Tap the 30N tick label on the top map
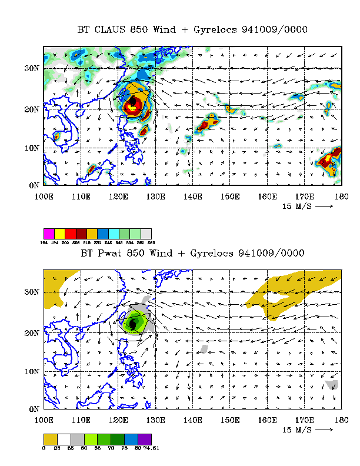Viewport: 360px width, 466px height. pos(31,69)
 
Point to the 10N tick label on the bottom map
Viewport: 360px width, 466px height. pos(31,371)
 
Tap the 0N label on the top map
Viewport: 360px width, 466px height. pos(34,185)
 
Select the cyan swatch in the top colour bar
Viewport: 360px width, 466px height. pos(114,234)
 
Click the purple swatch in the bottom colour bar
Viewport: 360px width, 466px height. pos(146,439)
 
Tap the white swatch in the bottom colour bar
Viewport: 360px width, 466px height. pos(65,439)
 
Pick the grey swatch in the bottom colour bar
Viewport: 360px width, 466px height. pos(76,439)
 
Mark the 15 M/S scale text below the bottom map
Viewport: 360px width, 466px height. pos(297,430)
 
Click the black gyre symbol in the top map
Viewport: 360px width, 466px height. pos(134,103)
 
